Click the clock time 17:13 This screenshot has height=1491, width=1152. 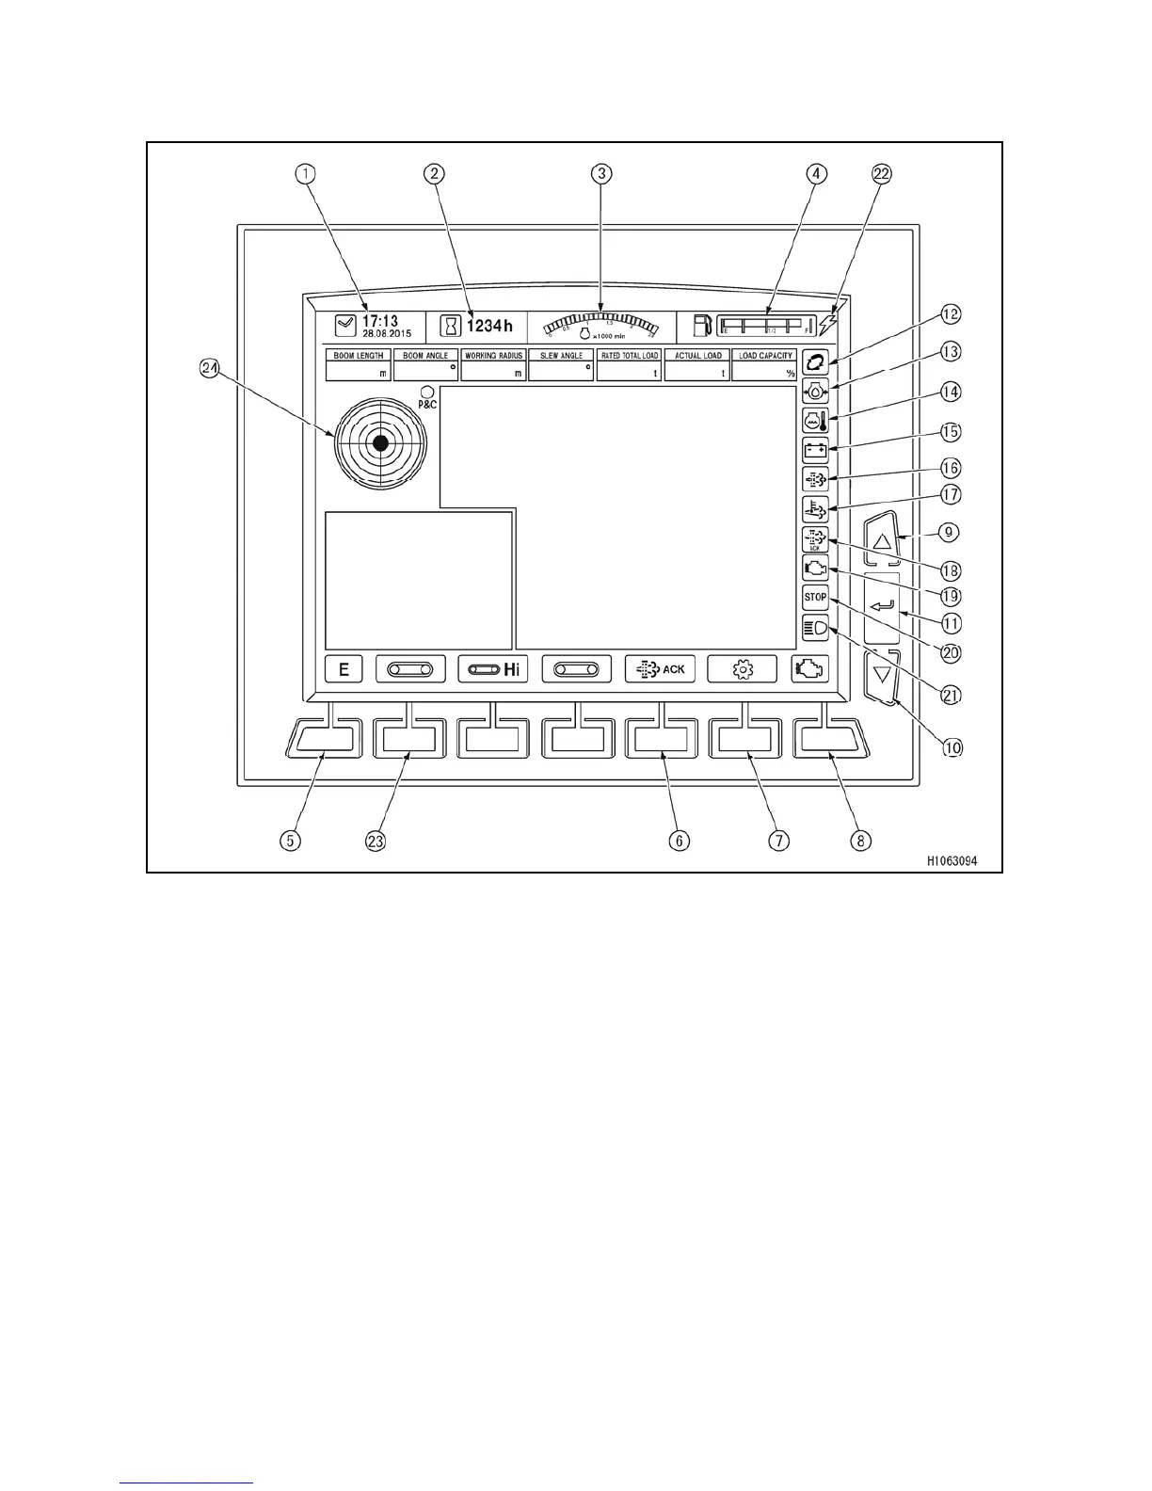click(380, 322)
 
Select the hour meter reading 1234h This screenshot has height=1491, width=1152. click(489, 326)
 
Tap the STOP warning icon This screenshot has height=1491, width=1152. click(815, 598)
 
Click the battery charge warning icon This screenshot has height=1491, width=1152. click(815, 450)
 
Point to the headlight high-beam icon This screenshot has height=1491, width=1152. click(815, 628)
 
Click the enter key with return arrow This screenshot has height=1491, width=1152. click(882, 607)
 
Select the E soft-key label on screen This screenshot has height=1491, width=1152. click(344, 669)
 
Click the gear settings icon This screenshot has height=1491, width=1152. click(743, 669)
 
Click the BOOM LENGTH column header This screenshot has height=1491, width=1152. click(359, 356)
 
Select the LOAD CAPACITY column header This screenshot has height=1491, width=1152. click(765, 356)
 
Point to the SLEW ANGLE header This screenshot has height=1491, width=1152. click(562, 356)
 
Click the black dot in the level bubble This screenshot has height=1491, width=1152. click(380, 442)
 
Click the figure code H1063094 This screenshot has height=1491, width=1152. click(952, 860)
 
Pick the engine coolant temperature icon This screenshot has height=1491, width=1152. click(815, 420)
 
